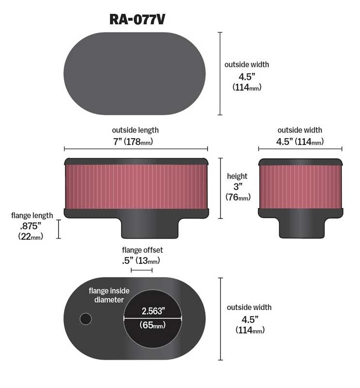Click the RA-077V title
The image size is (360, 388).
[137, 19]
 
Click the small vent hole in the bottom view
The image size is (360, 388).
[86, 319]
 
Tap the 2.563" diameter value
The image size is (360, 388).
[153, 311]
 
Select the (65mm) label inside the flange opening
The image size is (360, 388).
[153, 325]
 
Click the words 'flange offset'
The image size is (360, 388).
[142, 250]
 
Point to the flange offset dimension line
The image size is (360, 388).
[141, 270]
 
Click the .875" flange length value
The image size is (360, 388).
[31, 226]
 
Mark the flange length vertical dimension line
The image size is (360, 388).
[59, 229]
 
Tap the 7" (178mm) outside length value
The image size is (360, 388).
[133, 142]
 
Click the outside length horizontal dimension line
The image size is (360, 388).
[136, 149]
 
